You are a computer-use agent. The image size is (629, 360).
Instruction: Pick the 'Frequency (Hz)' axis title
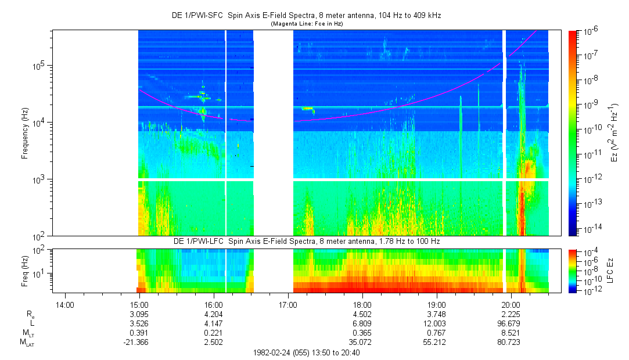tap(25, 133)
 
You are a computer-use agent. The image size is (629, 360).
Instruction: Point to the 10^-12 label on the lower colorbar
tap(591, 290)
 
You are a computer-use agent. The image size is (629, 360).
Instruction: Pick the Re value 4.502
tap(362, 314)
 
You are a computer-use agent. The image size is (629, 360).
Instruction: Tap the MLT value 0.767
tap(437, 333)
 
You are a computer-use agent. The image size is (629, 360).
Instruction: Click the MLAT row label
tap(27, 343)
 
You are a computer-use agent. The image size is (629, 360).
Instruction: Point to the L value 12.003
tap(437, 323)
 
